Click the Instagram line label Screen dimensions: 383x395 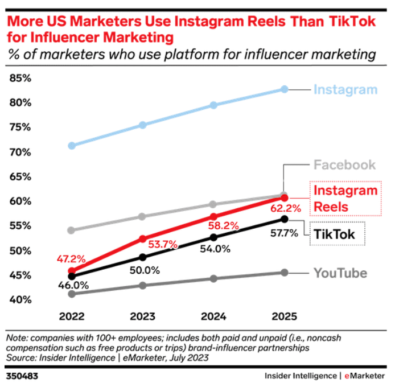[x=345, y=89]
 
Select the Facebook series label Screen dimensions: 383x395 [x=345, y=165]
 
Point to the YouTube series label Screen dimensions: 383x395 [x=340, y=273]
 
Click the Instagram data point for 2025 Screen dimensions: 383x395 [x=285, y=89]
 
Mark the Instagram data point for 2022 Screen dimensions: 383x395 [x=72, y=146]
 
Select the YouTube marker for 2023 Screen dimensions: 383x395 [x=143, y=285]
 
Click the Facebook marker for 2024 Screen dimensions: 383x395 [x=213, y=204]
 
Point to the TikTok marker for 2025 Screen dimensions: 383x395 [x=285, y=219]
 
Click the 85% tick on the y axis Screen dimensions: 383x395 [x=20, y=78]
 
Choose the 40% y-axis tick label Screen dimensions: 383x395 [x=20, y=300]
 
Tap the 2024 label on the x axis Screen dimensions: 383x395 [x=213, y=316]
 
